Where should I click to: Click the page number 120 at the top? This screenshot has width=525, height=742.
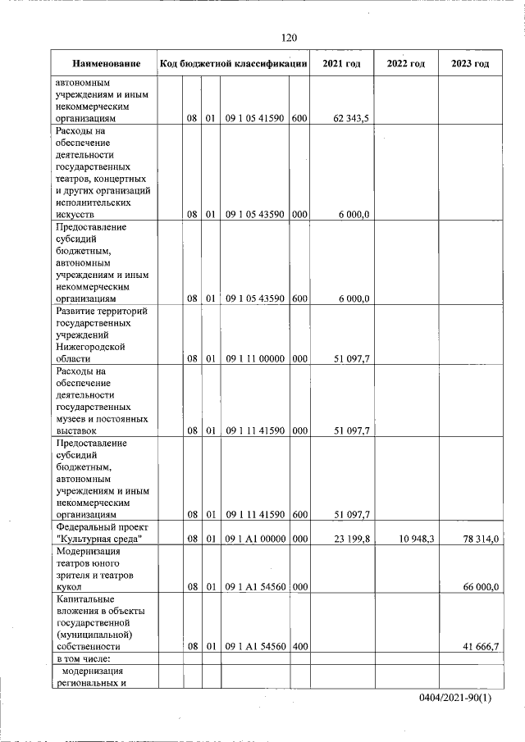pos(289,38)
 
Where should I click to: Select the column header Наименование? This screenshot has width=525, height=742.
pos(106,64)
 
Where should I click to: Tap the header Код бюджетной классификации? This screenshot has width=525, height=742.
pos(234,64)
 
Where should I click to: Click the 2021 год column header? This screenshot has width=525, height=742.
pos(340,64)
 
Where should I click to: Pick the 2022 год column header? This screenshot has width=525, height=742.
pos(405,64)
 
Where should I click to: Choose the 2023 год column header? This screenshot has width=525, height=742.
pos(470,64)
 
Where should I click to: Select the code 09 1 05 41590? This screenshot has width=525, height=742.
pos(255,119)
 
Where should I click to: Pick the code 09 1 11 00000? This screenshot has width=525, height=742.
pos(255,358)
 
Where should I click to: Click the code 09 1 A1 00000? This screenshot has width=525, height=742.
pos(255,539)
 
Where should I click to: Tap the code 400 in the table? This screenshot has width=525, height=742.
pos(299,647)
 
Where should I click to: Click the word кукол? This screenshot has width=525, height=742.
pos(70,587)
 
